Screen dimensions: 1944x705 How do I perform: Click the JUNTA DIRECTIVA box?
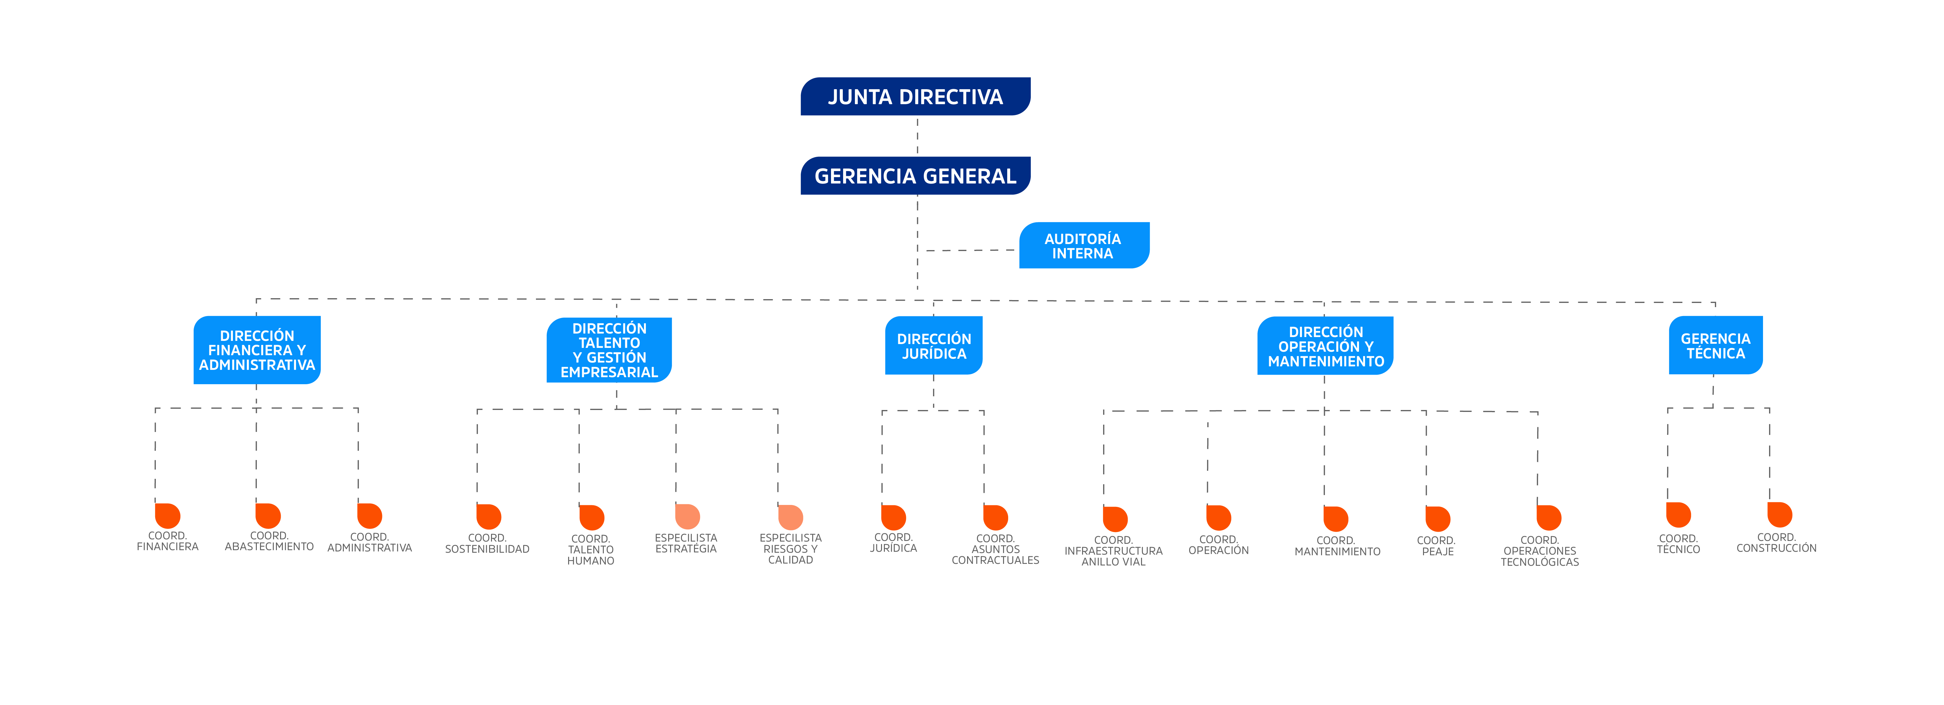click(x=915, y=97)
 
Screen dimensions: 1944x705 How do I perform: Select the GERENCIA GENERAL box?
click(x=915, y=176)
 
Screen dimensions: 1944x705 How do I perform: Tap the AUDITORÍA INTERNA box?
click(x=1084, y=245)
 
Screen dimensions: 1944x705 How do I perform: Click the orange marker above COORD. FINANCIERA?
click(x=168, y=515)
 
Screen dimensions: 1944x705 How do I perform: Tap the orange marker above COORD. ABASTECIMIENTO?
click(x=268, y=515)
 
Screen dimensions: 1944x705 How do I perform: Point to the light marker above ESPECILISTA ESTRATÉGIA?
click(x=688, y=516)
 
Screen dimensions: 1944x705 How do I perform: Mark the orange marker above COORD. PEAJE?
click(x=1438, y=519)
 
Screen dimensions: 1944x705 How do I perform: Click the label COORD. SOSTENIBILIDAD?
click(x=488, y=543)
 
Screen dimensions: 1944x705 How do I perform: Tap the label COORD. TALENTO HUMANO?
click(x=591, y=550)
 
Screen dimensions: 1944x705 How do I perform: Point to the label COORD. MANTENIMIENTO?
click(x=1337, y=546)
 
